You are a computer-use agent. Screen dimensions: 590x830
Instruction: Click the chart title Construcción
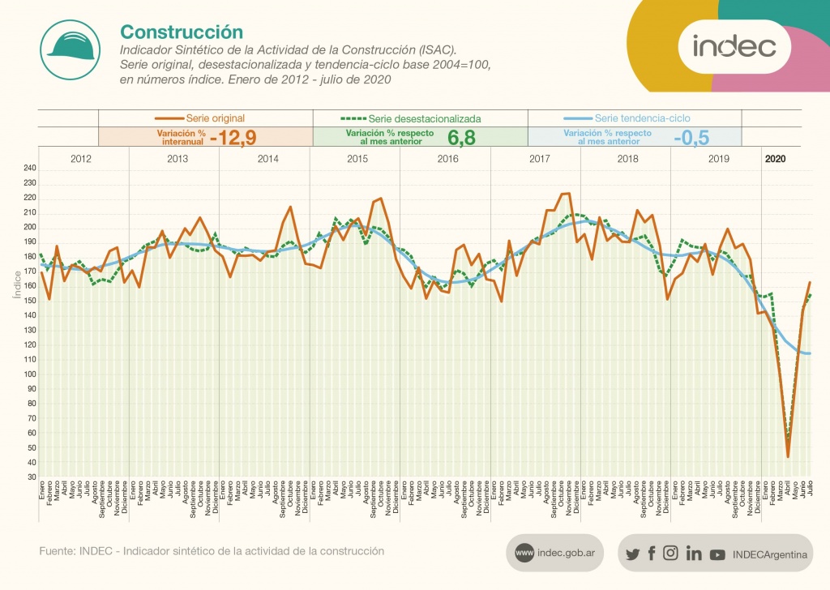pos(182,32)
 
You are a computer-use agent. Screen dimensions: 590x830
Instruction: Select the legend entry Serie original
pos(215,118)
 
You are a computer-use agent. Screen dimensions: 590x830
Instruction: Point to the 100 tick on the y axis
pos(29,374)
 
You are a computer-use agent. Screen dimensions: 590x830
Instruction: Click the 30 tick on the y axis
pos(31,477)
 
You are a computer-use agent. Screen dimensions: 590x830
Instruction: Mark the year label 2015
pos(358,159)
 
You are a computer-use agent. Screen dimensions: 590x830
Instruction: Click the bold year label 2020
pos(776,159)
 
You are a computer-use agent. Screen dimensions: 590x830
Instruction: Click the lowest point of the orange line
pos(788,457)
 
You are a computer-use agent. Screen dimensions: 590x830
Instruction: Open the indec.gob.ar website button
pos(555,554)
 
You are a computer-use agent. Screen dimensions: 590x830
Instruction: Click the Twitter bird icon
pos(633,554)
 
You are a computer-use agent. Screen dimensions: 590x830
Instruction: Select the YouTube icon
pos(717,554)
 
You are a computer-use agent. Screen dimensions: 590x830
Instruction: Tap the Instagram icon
pos(670,554)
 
